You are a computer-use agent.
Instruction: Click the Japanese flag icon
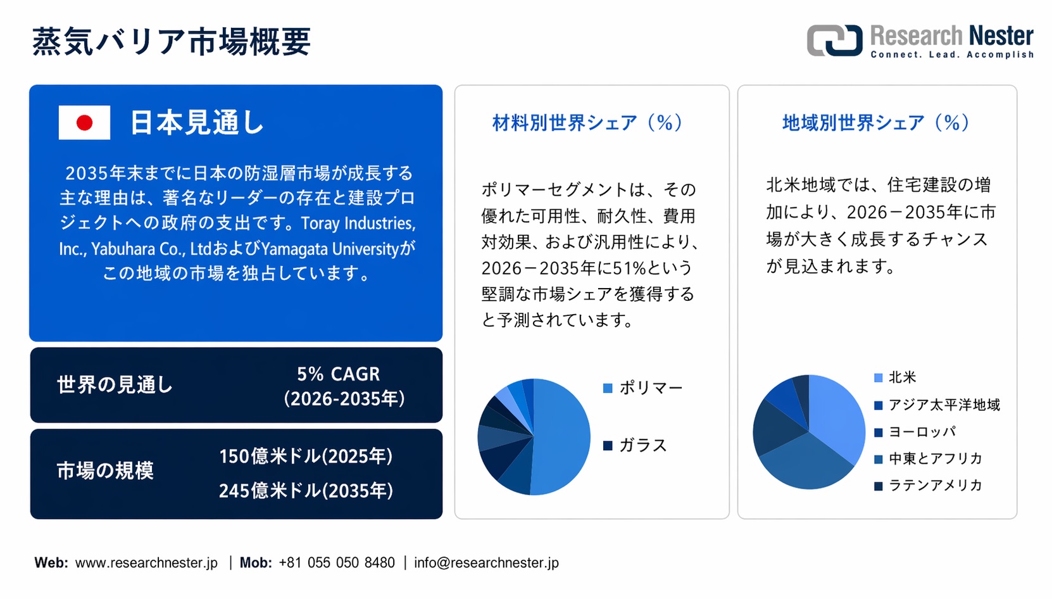click(85, 123)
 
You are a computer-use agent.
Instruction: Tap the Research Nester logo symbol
click(834, 41)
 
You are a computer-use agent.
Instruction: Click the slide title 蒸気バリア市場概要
click(172, 41)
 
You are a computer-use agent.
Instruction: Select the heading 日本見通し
click(197, 123)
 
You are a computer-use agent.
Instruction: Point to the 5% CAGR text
click(338, 374)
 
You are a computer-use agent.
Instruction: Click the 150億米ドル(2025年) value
click(306, 456)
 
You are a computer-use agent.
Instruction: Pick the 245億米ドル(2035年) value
click(306, 491)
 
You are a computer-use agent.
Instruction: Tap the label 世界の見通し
click(115, 384)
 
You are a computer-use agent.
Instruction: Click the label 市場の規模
click(105, 470)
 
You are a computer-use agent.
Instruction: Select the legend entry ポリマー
click(643, 388)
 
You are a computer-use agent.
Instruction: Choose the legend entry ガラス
click(635, 445)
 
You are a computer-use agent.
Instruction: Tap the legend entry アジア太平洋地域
click(937, 405)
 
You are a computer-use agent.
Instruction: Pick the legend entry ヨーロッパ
click(915, 432)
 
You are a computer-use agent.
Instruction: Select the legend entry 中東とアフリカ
click(928, 458)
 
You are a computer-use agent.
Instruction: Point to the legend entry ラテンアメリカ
click(928, 485)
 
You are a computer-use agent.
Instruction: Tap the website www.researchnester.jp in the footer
click(146, 562)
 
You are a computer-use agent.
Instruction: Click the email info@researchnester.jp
click(486, 562)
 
